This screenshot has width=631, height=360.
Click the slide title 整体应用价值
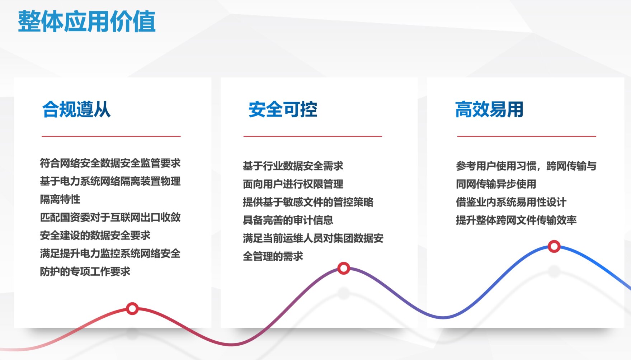pyautogui.click(x=87, y=22)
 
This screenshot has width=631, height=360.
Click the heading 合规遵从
pyautogui.click(x=76, y=109)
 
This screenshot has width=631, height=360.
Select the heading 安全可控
pyautogui.click(x=283, y=109)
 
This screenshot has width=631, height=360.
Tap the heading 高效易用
pyautogui.click(x=489, y=109)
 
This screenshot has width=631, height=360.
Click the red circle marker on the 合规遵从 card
pyautogui.click(x=132, y=308)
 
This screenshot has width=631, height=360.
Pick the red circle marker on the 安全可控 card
pyautogui.click(x=344, y=268)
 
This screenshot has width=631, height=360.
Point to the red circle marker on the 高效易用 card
pyautogui.click(x=554, y=246)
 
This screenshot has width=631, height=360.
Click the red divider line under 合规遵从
pyautogui.click(x=111, y=136)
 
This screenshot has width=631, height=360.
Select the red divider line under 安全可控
pyautogui.click(x=313, y=136)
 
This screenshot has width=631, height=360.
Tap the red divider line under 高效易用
pyautogui.click(x=527, y=136)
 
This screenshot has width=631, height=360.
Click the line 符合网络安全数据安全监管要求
pyautogui.click(x=110, y=163)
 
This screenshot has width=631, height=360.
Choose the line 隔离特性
pyautogui.click(x=60, y=199)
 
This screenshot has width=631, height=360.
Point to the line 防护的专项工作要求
pyautogui.click(x=85, y=271)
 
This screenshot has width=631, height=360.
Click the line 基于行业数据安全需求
pyautogui.click(x=293, y=166)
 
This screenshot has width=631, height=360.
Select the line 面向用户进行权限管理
pyautogui.click(x=293, y=184)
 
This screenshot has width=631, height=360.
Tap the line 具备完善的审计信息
pyautogui.click(x=288, y=220)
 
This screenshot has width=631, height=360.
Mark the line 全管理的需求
pyautogui.click(x=273, y=256)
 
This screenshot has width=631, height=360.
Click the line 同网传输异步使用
pyautogui.click(x=496, y=184)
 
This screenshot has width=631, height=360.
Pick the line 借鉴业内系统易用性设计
pyautogui.click(x=511, y=202)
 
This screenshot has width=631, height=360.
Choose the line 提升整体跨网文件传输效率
pyautogui.click(x=516, y=220)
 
